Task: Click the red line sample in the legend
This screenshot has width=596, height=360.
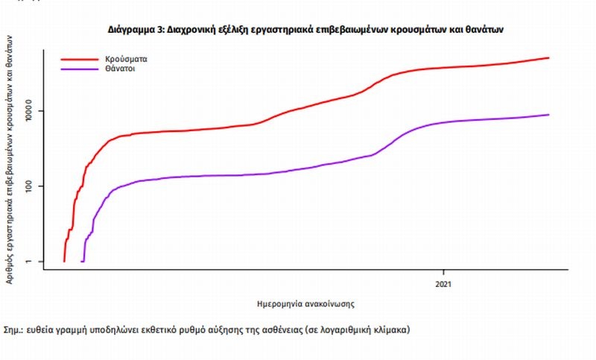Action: (80, 57)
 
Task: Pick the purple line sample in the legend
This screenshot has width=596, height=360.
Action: (80, 69)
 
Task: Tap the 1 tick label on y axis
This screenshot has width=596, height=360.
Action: (31, 261)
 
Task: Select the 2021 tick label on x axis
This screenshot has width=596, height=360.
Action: (444, 284)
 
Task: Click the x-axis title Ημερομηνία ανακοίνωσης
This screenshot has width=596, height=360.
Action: (304, 304)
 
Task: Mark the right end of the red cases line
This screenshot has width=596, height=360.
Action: (549, 57)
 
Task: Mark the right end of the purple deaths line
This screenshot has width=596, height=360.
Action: (549, 115)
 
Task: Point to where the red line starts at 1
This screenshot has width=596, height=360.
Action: (64, 261)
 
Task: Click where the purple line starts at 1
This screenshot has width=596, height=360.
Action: (81, 261)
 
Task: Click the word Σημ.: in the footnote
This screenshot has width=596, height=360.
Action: (15, 329)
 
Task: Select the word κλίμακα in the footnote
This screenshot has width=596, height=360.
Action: (391, 329)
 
